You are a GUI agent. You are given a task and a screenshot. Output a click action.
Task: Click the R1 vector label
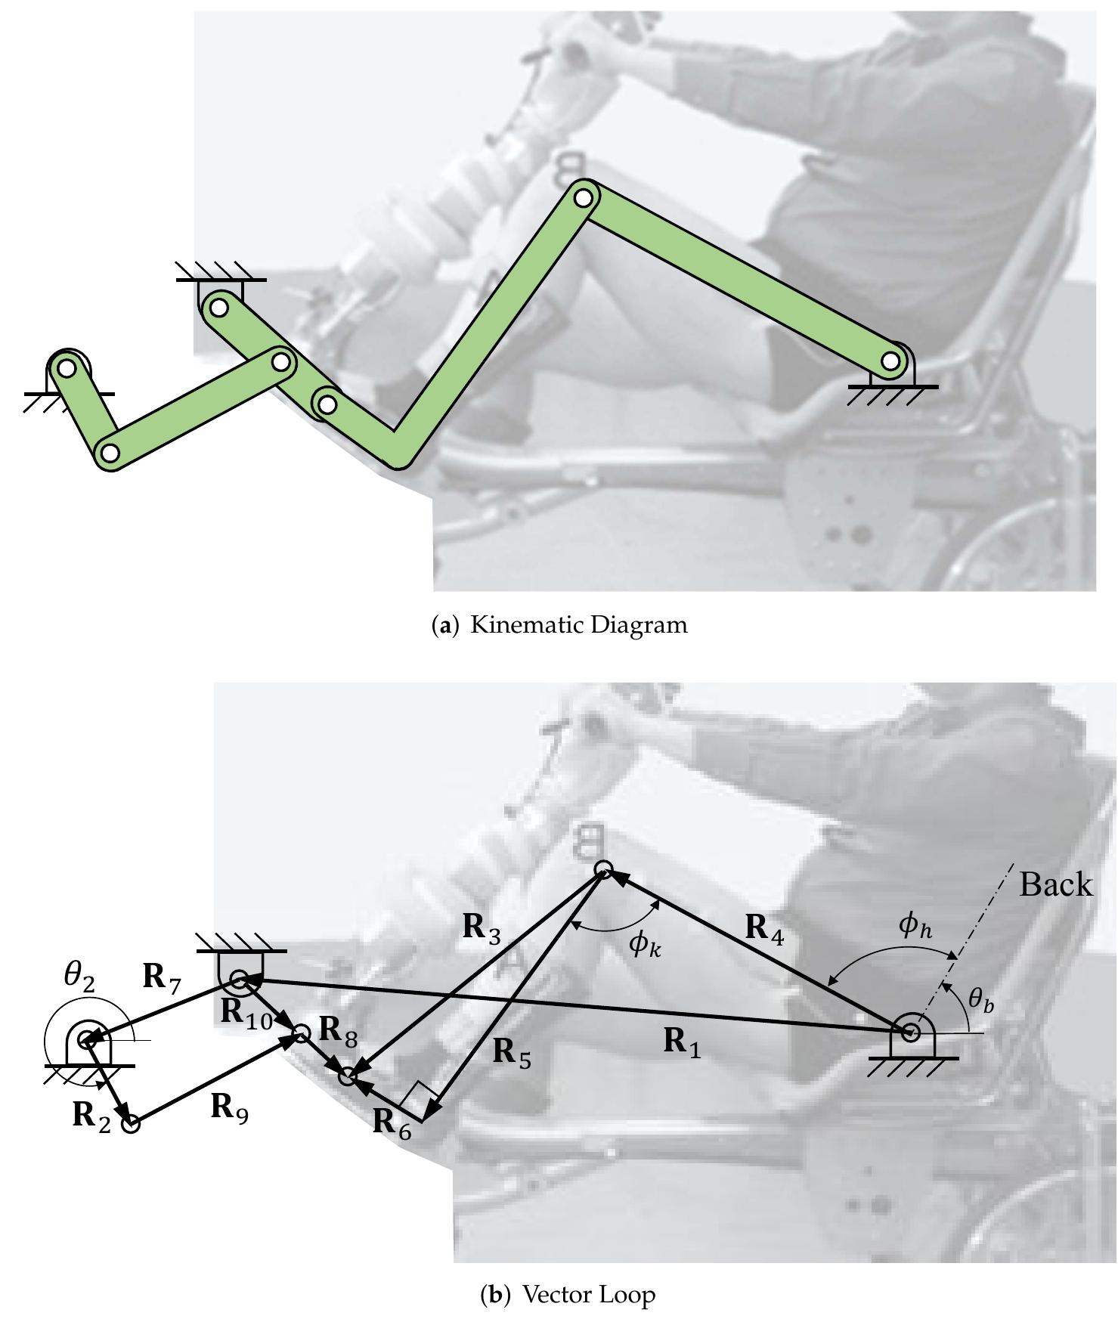click(683, 1042)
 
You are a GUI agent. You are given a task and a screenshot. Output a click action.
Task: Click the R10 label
click(246, 1014)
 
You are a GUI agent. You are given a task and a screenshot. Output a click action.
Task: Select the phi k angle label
click(645, 944)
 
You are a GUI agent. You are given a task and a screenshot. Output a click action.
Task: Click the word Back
click(1055, 884)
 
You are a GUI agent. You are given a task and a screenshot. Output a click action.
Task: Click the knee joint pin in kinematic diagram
click(583, 198)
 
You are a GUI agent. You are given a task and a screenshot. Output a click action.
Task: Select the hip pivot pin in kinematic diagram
click(891, 361)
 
